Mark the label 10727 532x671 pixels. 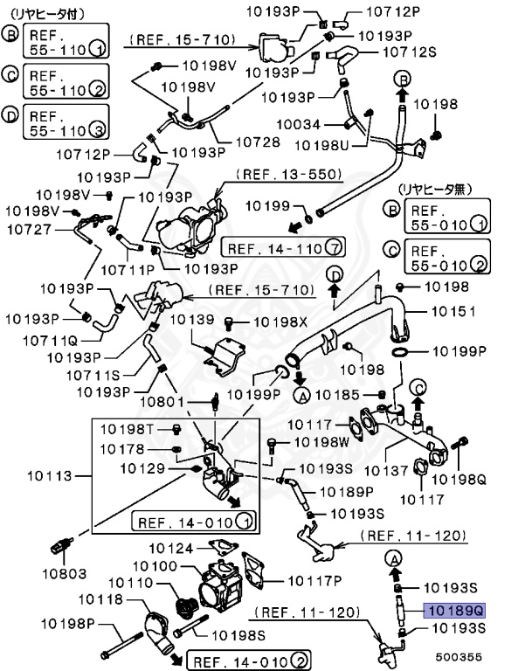click(x=27, y=231)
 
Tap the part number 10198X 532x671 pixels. click(x=281, y=322)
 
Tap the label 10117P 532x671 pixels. click(x=314, y=579)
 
